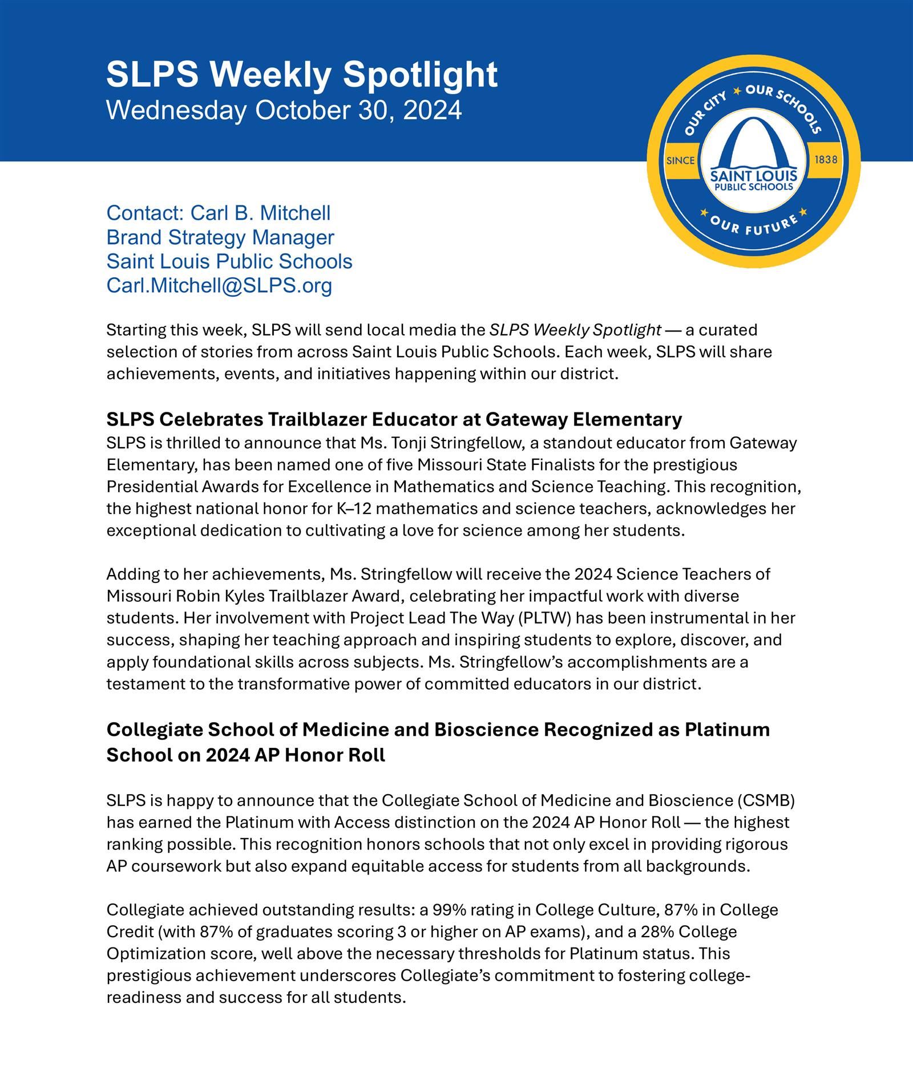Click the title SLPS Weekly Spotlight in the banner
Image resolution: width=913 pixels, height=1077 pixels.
click(302, 75)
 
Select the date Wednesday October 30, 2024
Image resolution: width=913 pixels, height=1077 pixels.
click(284, 110)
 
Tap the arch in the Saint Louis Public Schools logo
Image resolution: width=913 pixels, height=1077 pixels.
click(753, 143)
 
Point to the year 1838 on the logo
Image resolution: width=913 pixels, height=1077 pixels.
click(826, 160)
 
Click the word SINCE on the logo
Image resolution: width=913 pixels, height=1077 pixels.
click(681, 160)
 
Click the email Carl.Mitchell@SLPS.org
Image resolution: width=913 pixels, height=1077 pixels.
click(219, 285)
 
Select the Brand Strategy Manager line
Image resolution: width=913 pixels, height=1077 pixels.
click(220, 237)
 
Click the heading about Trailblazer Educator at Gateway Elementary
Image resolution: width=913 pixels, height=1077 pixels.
click(394, 419)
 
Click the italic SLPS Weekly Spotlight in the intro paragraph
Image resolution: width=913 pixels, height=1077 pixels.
click(575, 330)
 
